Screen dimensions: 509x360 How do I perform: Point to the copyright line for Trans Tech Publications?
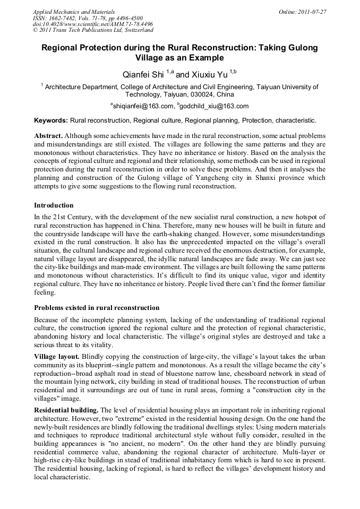[x=92, y=31]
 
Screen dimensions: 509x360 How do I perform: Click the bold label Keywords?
[x=51, y=120]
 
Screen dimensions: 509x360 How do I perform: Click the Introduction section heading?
[x=54, y=205]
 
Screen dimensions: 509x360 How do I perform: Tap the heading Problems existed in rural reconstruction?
[x=97, y=308]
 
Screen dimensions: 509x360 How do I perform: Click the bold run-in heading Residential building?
[x=66, y=410]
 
